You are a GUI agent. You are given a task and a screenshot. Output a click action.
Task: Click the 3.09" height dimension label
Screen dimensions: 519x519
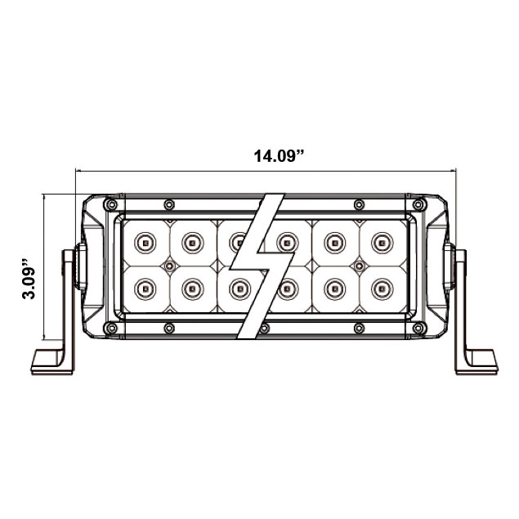[x=29, y=280]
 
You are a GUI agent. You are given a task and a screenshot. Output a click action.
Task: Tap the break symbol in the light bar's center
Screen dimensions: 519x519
[x=260, y=266]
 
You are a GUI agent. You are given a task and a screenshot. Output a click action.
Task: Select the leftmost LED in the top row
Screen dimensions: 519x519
[x=145, y=241]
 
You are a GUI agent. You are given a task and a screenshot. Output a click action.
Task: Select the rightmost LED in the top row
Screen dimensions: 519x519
[x=380, y=241]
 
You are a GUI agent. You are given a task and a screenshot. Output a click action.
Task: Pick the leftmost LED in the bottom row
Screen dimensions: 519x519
[x=145, y=287]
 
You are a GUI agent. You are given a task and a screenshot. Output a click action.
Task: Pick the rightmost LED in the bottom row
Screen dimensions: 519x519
[x=380, y=287]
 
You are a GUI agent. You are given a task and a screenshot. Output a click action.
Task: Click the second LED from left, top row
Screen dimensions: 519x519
[x=192, y=241]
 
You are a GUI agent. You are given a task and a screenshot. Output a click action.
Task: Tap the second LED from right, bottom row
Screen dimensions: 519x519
[x=333, y=287]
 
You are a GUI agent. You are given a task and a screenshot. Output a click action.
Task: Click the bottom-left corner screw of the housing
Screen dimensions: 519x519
[x=110, y=328]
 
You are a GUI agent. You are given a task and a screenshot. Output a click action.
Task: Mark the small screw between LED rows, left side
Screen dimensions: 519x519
[x=169, y=266]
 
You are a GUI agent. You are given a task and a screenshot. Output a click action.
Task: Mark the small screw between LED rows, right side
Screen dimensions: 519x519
[x=357, y=266]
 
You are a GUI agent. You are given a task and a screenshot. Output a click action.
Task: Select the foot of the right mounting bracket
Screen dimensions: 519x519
[x=477, y=361]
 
